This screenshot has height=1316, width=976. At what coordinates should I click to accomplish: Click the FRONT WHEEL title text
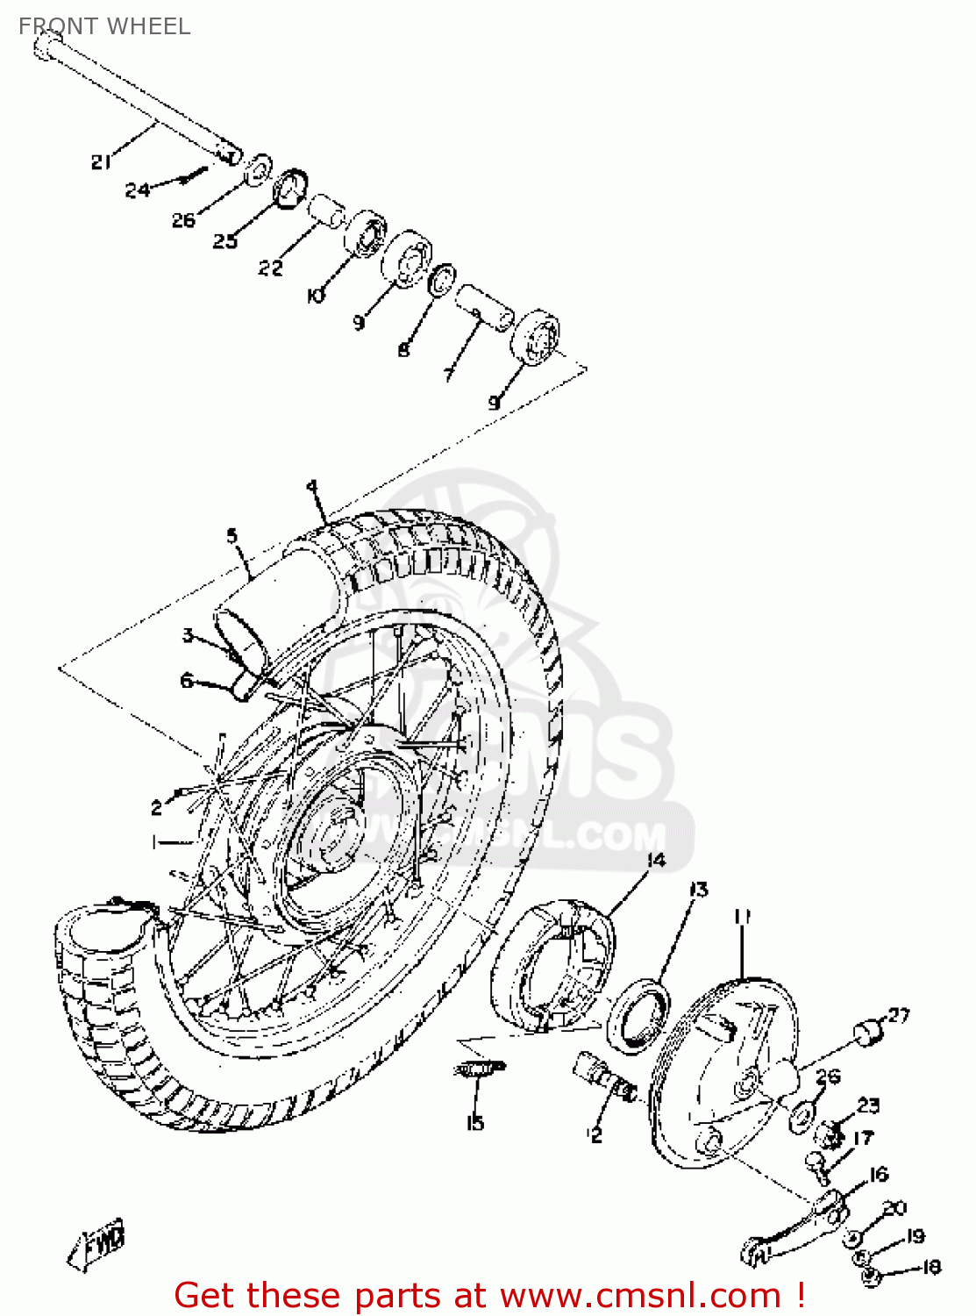tap(104, 26)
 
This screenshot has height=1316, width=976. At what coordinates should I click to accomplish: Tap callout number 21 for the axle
tap(101, 161)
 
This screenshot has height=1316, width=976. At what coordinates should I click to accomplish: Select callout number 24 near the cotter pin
tap(137, 189)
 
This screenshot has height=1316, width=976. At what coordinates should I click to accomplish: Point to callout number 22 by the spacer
tap(270, 268)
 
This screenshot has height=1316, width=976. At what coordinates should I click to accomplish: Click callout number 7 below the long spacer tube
tap(448, 374)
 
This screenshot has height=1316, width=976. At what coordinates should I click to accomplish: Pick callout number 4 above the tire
tap(311, 487)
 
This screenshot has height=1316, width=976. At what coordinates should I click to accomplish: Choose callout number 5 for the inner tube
tap(232, 535)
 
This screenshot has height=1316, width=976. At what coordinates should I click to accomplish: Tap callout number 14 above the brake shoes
tap(656, 860)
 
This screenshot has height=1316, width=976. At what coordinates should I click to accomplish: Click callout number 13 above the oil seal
tap(698, 890)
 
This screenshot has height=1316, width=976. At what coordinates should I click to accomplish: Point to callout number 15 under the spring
tap(475, 1122)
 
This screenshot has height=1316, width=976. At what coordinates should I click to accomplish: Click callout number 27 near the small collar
tap(899, 1015)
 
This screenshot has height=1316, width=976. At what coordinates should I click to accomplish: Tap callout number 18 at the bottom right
tap(930, 1267)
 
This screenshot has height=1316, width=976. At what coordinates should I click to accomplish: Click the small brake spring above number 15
tap(479, 1068)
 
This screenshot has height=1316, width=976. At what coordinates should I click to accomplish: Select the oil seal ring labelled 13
tap(638, 1018)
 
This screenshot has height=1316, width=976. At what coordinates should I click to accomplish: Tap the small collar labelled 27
tap(869, 1033)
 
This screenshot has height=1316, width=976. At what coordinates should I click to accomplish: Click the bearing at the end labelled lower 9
tap(535, 336)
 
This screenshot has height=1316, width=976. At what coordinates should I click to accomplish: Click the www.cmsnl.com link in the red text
tap(640, 1295)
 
